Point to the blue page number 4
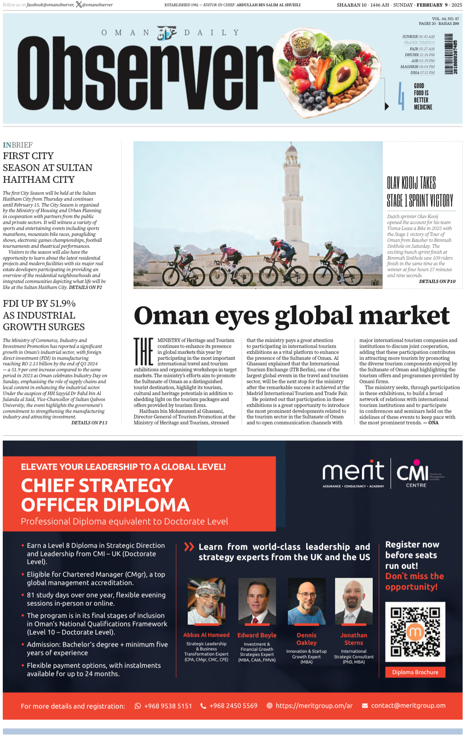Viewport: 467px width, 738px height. pos(401,96)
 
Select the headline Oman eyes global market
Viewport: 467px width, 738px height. pos(292,316)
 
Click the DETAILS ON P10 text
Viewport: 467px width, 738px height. pos(437,282)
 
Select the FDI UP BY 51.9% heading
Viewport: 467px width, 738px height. pos(39,304)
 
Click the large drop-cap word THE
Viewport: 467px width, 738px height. pos(143,351)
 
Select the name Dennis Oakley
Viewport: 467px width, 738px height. pos(307,639)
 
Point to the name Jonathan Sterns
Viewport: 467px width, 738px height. pos(354,639)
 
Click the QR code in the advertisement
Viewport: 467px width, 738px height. pos(415,631)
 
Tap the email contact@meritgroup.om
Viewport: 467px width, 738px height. pos(408,706)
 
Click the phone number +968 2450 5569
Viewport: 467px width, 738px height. pos(233,706)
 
